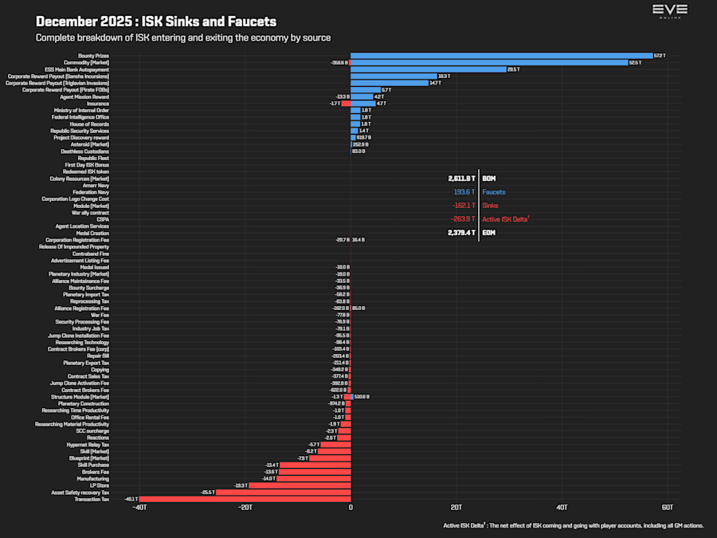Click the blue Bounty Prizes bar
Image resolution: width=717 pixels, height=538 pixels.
point(501,56)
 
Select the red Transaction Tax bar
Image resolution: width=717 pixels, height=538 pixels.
point(245,499)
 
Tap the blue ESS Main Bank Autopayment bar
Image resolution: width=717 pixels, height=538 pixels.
point(428,69)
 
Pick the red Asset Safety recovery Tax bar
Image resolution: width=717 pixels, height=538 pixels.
point(284,493)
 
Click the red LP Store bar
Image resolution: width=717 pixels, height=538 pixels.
point(300,485)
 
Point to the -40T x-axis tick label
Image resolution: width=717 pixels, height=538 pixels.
point(139,507)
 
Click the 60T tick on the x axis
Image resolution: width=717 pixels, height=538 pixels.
point(668,507)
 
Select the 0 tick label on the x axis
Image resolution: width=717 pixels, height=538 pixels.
point(351,507)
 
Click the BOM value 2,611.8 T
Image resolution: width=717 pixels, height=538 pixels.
point(461,179)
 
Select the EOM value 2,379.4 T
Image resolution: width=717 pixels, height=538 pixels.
point(461,233)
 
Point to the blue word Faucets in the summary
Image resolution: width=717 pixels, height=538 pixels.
point(493,192)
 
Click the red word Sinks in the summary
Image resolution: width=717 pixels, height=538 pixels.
point(490,206)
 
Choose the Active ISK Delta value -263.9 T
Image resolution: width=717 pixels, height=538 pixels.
point(462,219)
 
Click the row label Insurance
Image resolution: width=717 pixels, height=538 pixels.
point(98,104)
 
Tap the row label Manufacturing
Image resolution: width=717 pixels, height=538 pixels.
point(92,478)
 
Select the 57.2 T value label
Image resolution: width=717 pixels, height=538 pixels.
point(659,56)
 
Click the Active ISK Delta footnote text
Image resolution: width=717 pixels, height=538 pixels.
point(573,525)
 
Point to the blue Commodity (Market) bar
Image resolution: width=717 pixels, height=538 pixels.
point(489,62)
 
